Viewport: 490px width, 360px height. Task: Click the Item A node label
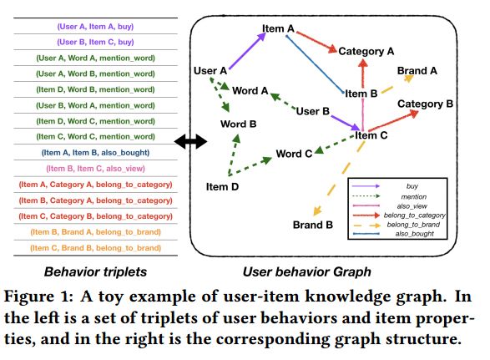tap(278, 28)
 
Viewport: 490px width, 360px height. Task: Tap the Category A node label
tap(366, 51)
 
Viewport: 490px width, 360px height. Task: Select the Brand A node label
tap(417, 71)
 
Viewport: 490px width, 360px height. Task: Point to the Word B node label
tap(238, 124)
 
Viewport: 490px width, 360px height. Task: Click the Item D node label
tap(222, 187)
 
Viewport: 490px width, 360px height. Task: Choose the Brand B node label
tap(312, 225)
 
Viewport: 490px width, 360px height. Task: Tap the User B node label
tap(312, 111)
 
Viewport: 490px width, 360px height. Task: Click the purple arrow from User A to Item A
tap(247, 51)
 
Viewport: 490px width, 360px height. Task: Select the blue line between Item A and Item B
tap(315, 64)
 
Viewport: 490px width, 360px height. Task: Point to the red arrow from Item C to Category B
tap(393, 121)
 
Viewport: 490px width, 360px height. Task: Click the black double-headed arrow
tap(190, 141)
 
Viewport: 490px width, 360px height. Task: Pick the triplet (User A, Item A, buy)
tap(95, 26)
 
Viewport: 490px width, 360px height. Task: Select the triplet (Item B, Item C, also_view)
tap(95, 169)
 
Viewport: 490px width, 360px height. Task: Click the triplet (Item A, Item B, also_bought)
tap(95, 153)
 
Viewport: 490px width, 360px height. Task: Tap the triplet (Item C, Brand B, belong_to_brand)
tap(95, 248)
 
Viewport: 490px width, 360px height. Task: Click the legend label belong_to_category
tap(414, 215)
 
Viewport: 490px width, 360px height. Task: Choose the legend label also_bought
tap(414, 234)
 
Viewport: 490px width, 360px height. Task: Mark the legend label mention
tap(414, 197)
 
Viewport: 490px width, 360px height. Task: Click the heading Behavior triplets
tap(95, 271)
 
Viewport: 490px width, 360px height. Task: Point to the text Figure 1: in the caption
tap(38, 297)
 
